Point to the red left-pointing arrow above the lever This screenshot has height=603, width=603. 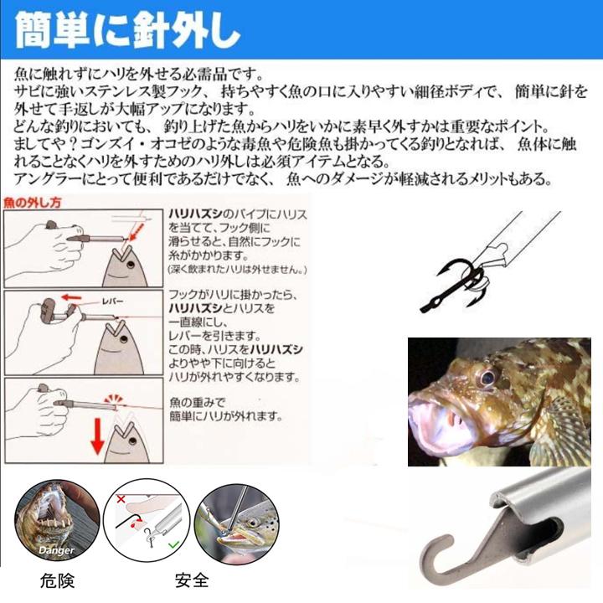(x=77, y=297)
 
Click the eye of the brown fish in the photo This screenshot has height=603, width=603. (x=487, y=376)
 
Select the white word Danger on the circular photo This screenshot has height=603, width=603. (x=54, y=550)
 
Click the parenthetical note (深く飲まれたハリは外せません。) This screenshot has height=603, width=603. (x=235, y=270)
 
